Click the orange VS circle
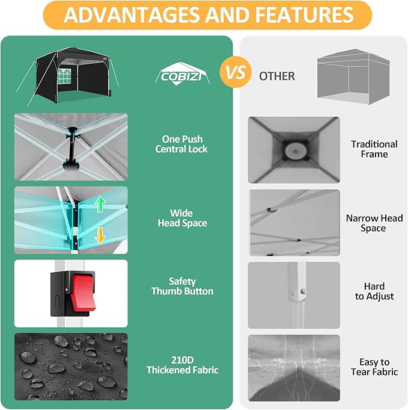(x=236, y=73)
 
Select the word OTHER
(x=277, y=76)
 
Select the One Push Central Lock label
(x=182, y=144)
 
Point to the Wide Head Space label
(x=182, y=218)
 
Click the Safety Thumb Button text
(x=182, y=286)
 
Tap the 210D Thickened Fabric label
(x=182, y=365)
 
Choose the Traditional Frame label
(x=374, y=149)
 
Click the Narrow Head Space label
(x=374, y=223)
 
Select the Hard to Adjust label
(x=374, y=291)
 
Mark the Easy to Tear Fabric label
(x=374, y=367)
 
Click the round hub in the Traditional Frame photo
(x=294, y=150)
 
